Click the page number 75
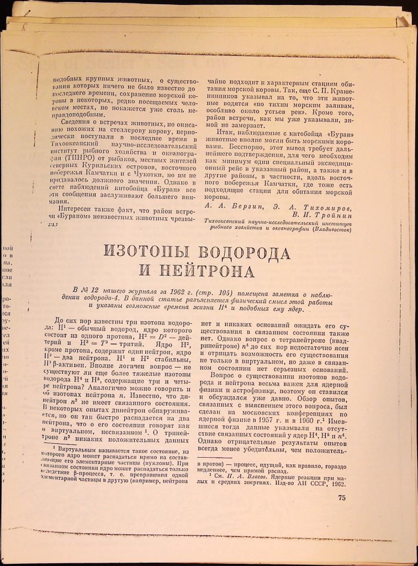(x=340, y=496)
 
